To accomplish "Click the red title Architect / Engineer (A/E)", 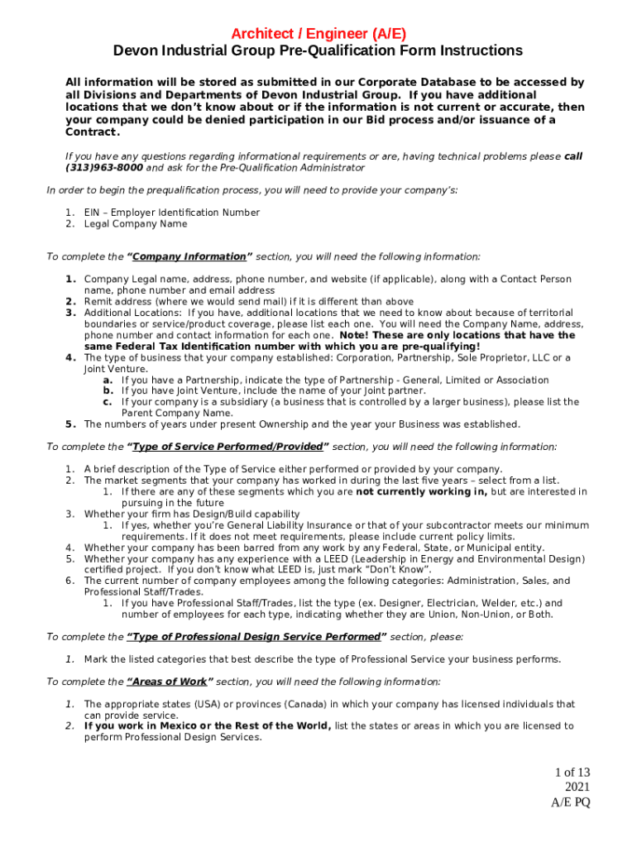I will click(318, 33).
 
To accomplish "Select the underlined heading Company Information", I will click(189, 256).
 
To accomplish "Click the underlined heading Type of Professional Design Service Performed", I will click(255, 637).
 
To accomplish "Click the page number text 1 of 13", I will click(572, 773).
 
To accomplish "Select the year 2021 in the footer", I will click(577, 787).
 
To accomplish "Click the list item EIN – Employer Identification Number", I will click(171, 213).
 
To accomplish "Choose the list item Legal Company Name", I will click(135, 224).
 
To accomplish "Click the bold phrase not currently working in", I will click(421, 491).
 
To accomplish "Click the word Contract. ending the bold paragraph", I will click(93, 132).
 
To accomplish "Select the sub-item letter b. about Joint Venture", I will click(108, 390).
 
